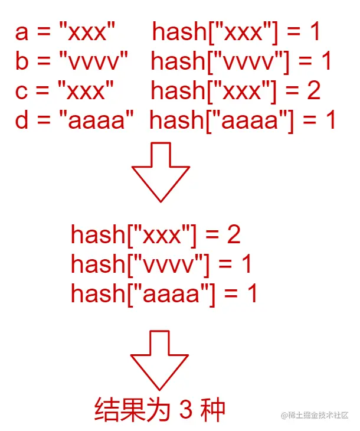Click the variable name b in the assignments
pyautogui.click(x=22, y=61)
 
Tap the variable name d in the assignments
pyautogui.click(x=22, y=121)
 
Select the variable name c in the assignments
pyautogui.click(x=22, y=92)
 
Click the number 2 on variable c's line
pyautogui.click(x=313, y=92)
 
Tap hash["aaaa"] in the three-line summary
pyautogui.click(x=142, y=293)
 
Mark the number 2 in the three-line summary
pyautogui.click(x=234, y=235)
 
